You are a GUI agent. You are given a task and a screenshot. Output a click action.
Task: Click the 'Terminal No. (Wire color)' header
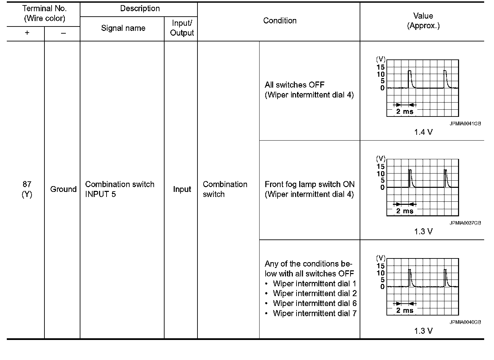tap(44, 14)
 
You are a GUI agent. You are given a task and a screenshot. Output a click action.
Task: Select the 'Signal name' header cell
tap(123, 28)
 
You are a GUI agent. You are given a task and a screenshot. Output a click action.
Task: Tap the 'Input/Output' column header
tap(182, 28)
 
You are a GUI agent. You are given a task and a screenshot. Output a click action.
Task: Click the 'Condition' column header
tap(280, 21)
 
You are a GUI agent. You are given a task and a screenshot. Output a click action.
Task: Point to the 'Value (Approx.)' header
tap(423, 21)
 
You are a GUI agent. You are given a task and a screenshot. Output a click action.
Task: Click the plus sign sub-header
tap(27, 33)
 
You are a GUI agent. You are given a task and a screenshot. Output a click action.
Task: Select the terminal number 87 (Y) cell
tap(27, 189)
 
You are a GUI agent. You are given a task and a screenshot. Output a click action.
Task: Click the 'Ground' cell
tap(63, 189)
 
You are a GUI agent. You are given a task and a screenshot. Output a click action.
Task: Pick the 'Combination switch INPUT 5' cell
tap(119, 189)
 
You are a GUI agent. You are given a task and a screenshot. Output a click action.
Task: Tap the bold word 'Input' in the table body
tap(182, 190)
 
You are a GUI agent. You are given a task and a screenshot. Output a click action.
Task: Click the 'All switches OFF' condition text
tap(294, 85)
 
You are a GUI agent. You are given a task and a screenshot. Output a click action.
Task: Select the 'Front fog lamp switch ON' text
tap(309, 184)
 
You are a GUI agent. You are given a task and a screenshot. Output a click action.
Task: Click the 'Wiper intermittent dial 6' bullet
tap(315, 303)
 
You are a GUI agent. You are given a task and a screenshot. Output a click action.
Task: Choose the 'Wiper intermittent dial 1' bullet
tap(315, 284)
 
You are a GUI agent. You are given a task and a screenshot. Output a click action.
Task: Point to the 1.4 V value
tap(423, 132)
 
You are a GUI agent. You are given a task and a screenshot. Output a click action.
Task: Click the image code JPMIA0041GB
tap(465, 124)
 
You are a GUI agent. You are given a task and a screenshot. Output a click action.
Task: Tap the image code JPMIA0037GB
tap(465, 223)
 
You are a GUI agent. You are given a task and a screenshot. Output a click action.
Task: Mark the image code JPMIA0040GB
tap(465, 322)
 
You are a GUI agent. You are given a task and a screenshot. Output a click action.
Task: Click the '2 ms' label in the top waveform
tap(405, 111)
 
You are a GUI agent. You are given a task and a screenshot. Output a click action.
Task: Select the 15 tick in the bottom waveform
tap(381, 266)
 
